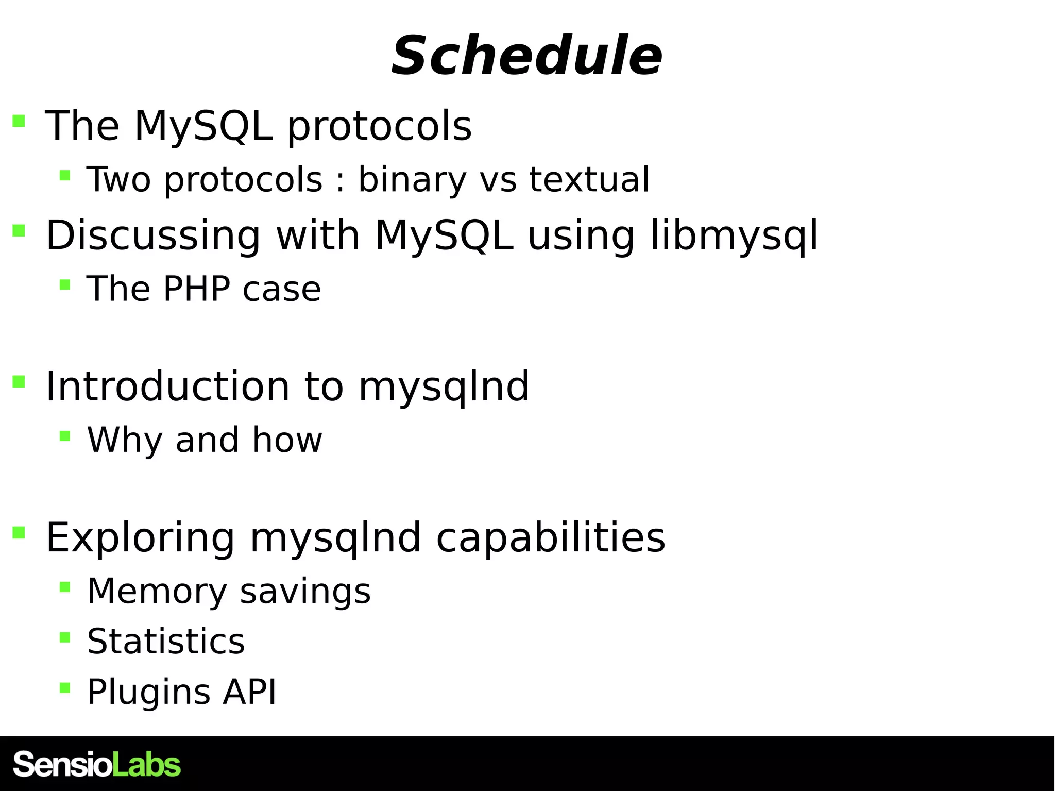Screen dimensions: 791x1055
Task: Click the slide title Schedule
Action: pyautogui.click(x=526, y=56)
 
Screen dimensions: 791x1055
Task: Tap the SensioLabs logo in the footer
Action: pyautogui.click(x=96, y=764)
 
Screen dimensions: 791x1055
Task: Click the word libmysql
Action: pyautogui.click(x=734, y=235)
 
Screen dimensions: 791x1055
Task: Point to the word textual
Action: pyautogui.click(x=589, y=179)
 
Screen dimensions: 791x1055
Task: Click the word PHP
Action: pyautogui.click(x=196, y=289)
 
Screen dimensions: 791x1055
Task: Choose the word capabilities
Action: pyautogui.click(x=551, y=537)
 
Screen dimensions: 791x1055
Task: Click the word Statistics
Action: pyautogui.click(x=166, y=642)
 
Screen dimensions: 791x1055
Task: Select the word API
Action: pyautogui.click(x=249, y=692)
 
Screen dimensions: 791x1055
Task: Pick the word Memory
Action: pyautogui.click(x=157, y=591)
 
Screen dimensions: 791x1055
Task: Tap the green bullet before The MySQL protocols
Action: pyautogui.click(x=19, y=121)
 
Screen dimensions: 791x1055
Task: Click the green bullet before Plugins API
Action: pyautogui.click(x=64, y=688)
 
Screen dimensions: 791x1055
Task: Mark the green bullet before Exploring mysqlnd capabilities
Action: pyautogui.click(x=19, y=532)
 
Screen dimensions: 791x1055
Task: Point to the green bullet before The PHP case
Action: pyautogui.click(x=64, y=284)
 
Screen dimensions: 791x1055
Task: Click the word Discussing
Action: pyautogui.click(x=152, y=235)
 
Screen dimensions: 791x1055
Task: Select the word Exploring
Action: pyautogui.click(x=140, y=537)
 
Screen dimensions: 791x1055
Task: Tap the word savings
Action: pyautogui.click(x=305, y=591)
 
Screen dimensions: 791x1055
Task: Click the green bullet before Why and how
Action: pyautogui.click(x=64, y=436)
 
